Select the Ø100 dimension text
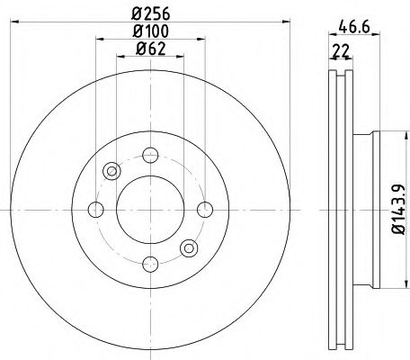tap(151, 33)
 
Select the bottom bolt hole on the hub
tap(151, 264)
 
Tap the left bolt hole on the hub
tap(96, 209)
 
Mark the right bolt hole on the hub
tap(206, 209)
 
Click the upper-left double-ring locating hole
tap(112, 170)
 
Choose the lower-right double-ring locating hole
tap(190, 247)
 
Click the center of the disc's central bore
tap(151, 209)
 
